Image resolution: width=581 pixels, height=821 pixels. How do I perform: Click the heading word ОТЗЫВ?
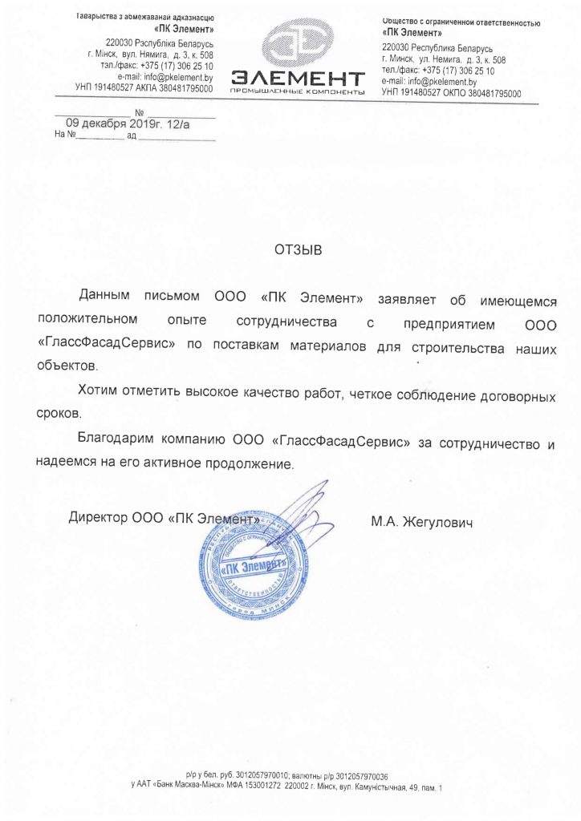click(x=297, y=249)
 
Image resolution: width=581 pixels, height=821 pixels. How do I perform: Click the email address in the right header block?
click(x=429, y=82)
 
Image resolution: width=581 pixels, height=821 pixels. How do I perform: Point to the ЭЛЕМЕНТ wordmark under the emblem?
click(x=298, y=79)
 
